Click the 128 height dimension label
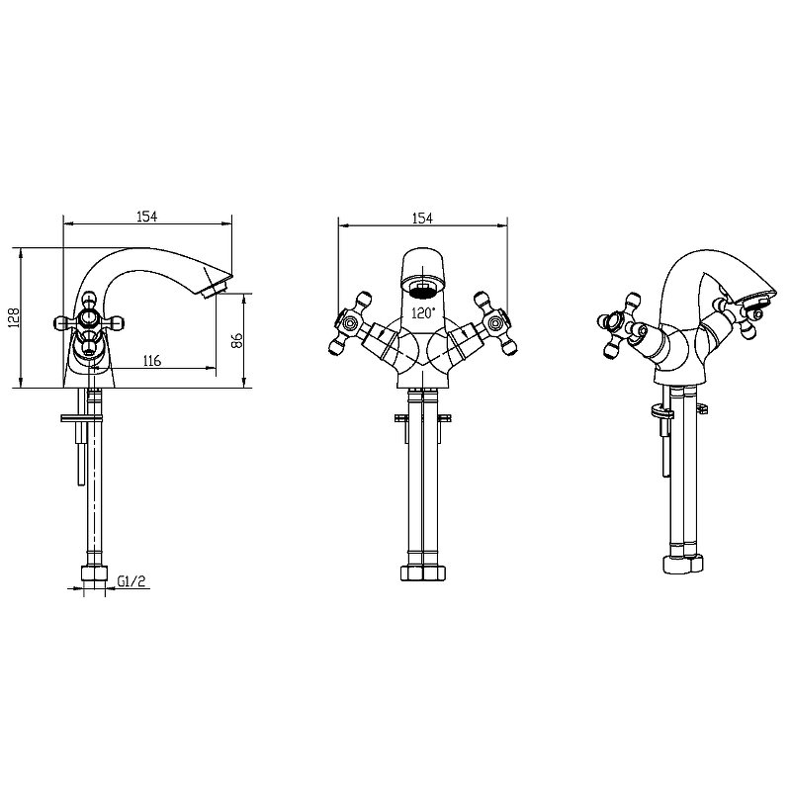tap(14, 318)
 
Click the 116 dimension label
tap(152, 361)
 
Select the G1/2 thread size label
tap(132, 581)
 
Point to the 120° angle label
tap(423, 313)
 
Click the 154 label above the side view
tap(147, 217)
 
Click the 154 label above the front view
tap(423, 218)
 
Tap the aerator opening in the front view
tap(423, 290)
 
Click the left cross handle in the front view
tap(350, 323)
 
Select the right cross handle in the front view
tap(495, 323)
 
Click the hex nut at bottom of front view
tap(423, 572)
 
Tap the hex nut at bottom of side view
tap(94, 574)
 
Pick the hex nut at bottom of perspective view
tap(682, 564)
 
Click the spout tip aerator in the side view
tap(215, 292)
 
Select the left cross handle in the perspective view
tap(620, 326)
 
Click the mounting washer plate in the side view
tap(82, 417)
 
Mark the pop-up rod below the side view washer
tap(81, 453)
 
